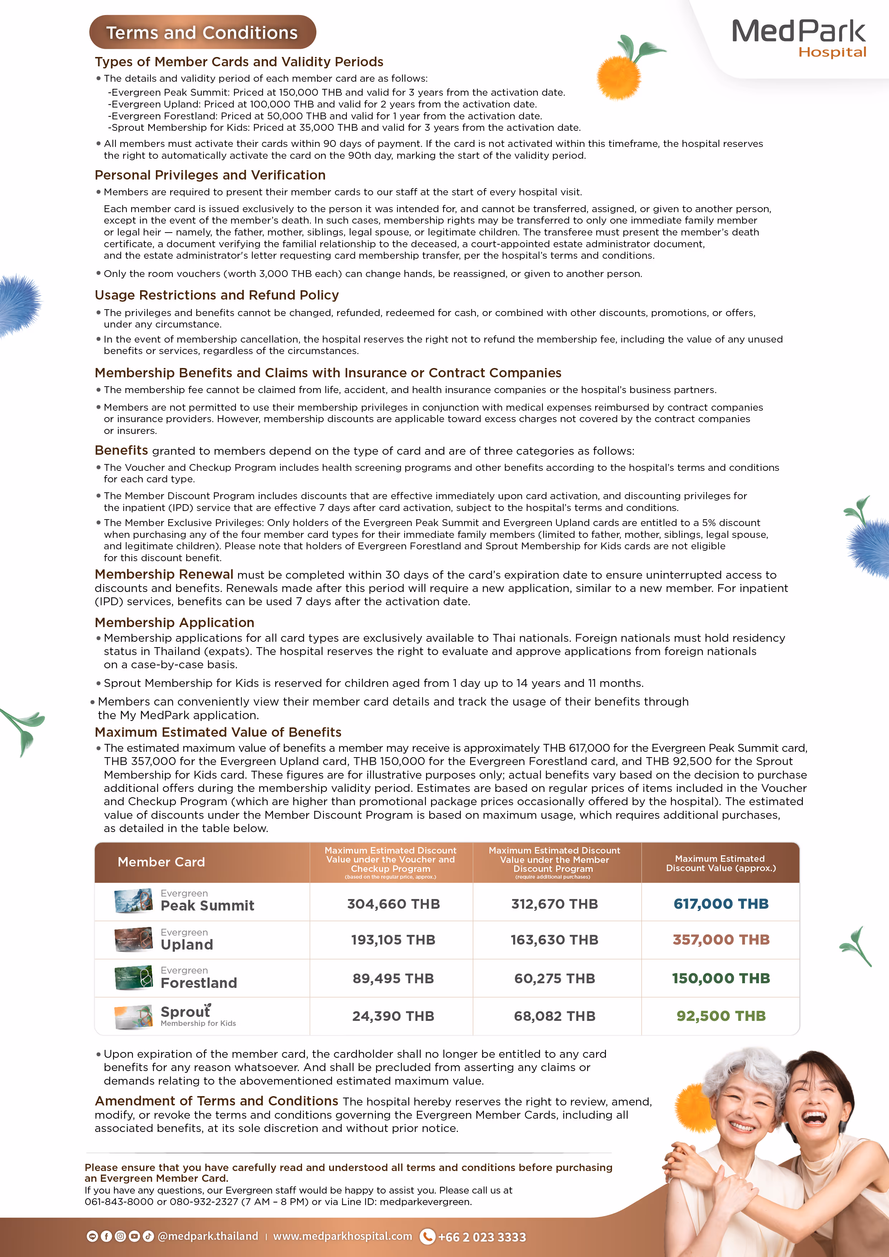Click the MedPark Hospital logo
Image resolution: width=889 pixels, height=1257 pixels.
pos(799,38)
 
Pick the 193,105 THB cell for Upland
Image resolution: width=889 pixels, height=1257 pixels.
pos(393,940)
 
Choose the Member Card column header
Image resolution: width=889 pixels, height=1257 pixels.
pos(162,862)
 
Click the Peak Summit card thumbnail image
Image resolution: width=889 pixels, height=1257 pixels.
pos(133,901)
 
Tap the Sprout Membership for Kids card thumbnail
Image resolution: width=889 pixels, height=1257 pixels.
pos(133,1017)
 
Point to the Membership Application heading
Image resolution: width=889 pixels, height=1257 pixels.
pos(174,622)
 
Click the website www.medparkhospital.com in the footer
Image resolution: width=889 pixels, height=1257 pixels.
pos(342,1236)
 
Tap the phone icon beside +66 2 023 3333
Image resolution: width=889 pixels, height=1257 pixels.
pos(427,1236)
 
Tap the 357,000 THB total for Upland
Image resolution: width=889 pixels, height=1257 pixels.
pos(720,940)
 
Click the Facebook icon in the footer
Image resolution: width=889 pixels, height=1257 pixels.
pos(106,1236)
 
